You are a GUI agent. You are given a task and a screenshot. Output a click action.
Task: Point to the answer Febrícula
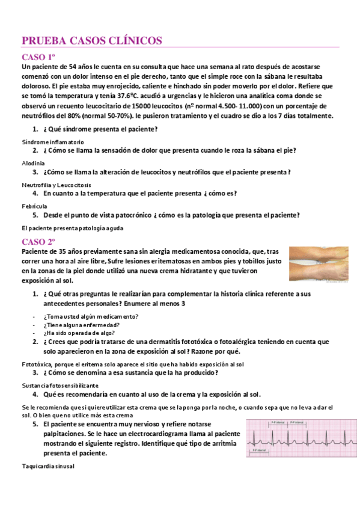(x=34, y=206)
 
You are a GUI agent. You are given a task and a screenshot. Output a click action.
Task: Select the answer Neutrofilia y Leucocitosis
(x=55, y=184)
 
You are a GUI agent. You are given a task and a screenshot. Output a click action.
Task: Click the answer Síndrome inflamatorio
(x=53, y=141)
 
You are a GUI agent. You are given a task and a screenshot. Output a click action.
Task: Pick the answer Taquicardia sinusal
(x=48, y=466)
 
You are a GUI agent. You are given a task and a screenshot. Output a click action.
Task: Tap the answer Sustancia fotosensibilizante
(x=60, y=385)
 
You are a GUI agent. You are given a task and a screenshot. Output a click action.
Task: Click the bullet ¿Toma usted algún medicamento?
(x=91, y=316)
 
